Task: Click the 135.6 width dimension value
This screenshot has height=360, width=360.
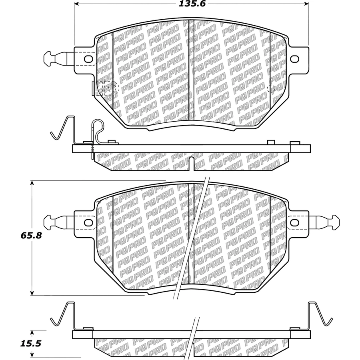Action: pyautogui.click(x=192, y=4)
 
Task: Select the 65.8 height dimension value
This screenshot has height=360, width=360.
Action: pyautogui.click(x=31, y=235)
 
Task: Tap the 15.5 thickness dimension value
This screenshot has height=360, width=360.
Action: pyautogui.click(x=31, y=344)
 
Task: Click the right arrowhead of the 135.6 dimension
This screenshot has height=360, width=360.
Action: pyautogui.click(x=306, y=4)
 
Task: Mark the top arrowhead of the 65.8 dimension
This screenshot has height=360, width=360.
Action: pyautogui.click(x=32, y=183)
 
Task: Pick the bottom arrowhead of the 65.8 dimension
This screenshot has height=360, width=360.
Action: pyautogui.click(x=32, y=293)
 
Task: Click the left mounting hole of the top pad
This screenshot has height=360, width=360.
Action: pyautogui.click(x=88, y=59)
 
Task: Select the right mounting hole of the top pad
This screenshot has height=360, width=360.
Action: pyautogui.click(x=294, y=59)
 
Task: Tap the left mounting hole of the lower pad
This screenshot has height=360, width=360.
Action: pyautogui.click(x=88, y=222)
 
